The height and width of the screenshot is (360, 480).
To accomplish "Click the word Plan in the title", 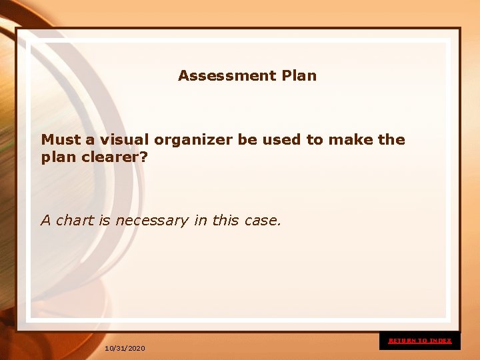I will pos(299,76).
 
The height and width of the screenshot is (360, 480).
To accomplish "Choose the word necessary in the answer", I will pos(152,221).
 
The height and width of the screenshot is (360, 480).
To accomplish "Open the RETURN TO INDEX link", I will pos(420,341).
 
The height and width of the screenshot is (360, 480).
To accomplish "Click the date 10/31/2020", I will pos(125,349).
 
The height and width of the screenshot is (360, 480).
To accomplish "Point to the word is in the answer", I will pos(105,220).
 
